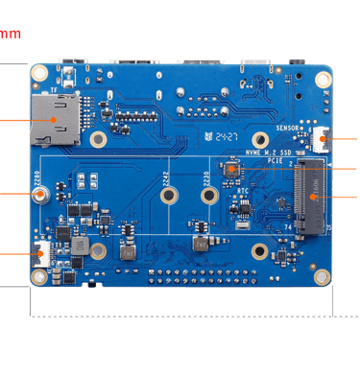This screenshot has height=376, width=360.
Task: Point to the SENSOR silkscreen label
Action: pos(289,129)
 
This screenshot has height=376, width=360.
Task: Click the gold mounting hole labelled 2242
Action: pos(168,196)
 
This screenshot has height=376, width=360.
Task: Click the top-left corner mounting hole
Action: pos(40,74)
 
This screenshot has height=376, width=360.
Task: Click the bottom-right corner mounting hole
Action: pos(323,276)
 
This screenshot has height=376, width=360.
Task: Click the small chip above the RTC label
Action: pos(232,170)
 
